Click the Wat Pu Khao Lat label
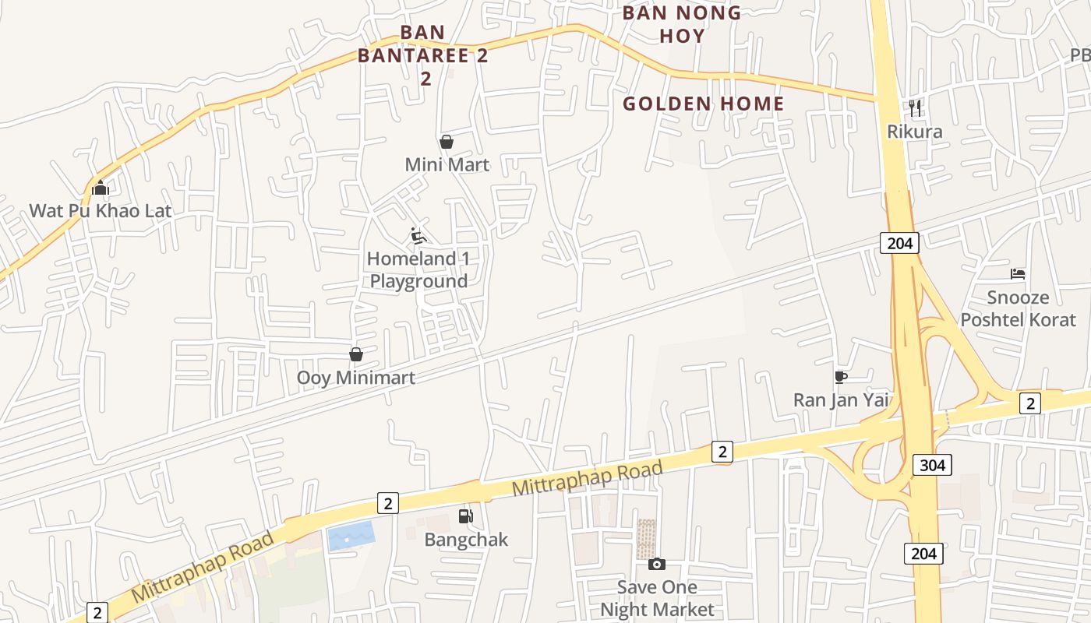101,210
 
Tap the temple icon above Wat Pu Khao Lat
100,188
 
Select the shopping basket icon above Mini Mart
447,142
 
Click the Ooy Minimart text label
356,378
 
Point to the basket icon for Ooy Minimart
356,355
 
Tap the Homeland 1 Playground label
418,269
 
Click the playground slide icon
418,235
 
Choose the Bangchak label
466,539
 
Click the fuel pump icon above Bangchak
465,516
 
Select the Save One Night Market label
657,597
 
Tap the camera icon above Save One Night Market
657,564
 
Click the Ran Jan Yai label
841,399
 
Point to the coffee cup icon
841,377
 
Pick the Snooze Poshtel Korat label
1018,308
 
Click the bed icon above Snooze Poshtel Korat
1018,274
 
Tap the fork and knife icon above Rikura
915,107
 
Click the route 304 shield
932,466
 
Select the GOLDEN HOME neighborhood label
704,104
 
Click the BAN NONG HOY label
682,24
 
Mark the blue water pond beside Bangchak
351,537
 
